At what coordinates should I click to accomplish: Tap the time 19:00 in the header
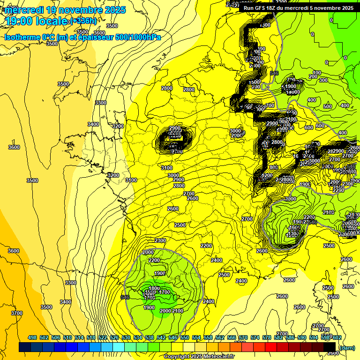(19, 21)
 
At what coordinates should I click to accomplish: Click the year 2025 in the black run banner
(346, 8)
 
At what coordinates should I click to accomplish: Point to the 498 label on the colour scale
(32, 337)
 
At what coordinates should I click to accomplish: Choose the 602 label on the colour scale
(337, 337)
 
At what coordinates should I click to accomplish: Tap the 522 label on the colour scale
(103, 337)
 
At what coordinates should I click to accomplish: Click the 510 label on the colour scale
(67, 337)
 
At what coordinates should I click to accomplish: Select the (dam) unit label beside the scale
(347, 347)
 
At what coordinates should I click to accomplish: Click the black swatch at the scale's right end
(330, 347)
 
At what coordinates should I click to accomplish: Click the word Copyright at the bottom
(177, 357)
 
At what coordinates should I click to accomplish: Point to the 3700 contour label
(17, 313)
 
